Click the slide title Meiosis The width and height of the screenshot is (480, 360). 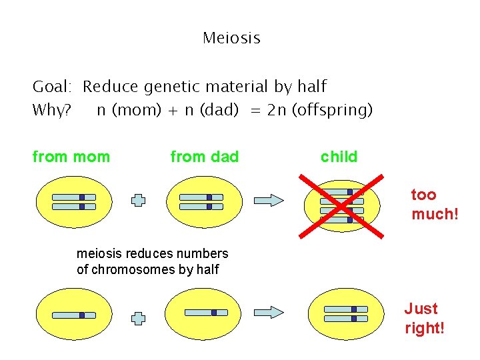[231, 38]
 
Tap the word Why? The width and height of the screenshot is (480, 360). [52, 110]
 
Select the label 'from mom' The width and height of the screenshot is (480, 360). [71, 157]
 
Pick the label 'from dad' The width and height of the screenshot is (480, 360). [204, 157]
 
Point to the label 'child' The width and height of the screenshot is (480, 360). [339, 157]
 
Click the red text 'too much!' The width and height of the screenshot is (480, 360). [435, 205]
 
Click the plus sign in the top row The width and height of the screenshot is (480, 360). [138, 200]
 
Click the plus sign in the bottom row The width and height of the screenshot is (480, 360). [138, 318]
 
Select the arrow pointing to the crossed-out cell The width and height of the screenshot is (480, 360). [269, 199]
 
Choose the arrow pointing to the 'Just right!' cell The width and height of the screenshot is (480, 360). [269, 311]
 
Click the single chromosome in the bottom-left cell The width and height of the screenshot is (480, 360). [74, 315]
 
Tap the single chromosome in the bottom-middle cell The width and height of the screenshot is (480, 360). [206, 312]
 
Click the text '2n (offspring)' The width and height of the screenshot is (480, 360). [320, 110]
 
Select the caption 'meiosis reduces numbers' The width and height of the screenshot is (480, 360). [152, 253]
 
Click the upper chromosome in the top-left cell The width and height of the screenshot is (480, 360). [74, 197]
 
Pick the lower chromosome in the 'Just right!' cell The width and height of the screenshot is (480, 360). [345, 319]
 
